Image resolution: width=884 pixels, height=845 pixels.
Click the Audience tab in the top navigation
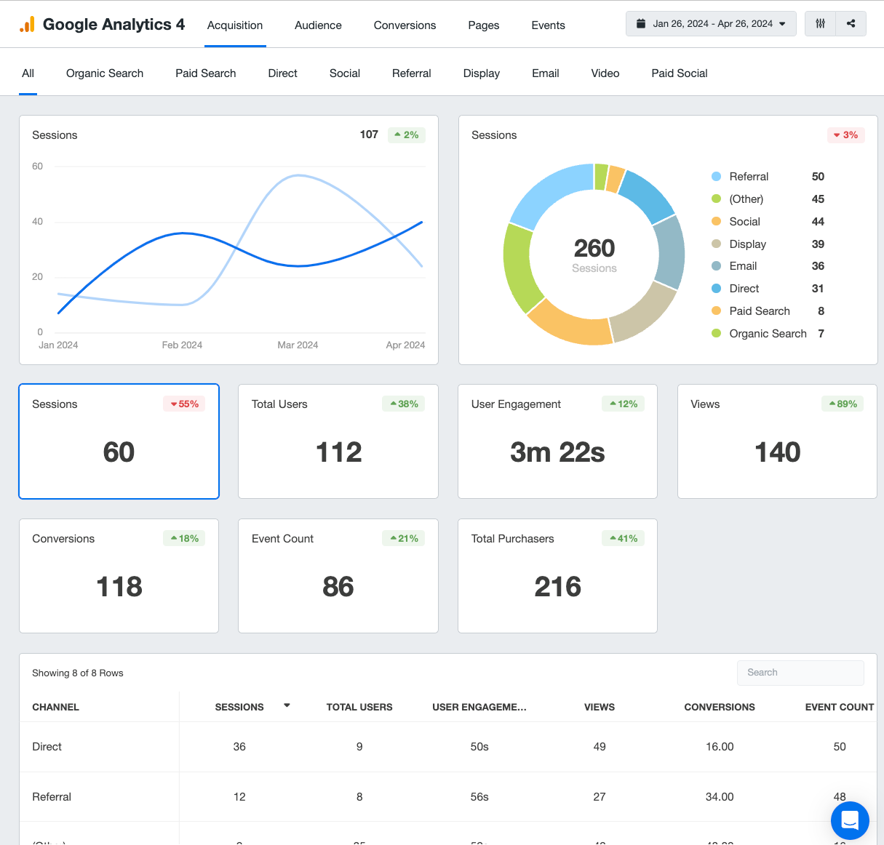[x=318, y=25]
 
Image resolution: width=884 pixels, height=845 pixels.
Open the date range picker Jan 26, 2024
[x=711, y=24]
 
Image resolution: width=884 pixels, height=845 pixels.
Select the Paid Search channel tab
[x=205, y=73]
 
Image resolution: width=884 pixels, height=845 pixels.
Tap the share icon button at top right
[x=851, y=24]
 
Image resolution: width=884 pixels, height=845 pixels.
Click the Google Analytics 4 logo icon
[x=27, y=25]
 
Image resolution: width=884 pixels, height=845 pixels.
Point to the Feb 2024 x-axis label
[x=182, y=345]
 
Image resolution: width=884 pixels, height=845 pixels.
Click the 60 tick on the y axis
[x=38, y=167]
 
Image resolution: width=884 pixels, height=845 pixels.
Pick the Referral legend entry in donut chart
[x=749, y=177]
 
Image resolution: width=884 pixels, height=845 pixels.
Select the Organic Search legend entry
[x=768, y=334]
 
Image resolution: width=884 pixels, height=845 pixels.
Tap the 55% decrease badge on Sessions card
[x=184, y=404]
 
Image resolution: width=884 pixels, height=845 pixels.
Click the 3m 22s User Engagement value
[x=557, y=452]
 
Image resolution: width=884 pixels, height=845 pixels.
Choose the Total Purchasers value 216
[x=557, y=587]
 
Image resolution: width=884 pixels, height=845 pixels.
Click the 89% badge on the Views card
[x=843, y=404]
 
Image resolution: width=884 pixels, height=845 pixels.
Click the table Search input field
[x=800, y=673]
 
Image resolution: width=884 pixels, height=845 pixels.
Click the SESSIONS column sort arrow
[x=287, y=705]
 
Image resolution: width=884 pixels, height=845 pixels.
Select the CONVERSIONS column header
[x=719, y=707]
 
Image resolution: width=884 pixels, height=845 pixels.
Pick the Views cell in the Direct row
[x=600, y=747]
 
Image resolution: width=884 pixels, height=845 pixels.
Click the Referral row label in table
[x=52, y=797]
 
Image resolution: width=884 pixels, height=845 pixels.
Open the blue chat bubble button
[x=850, y=820]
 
